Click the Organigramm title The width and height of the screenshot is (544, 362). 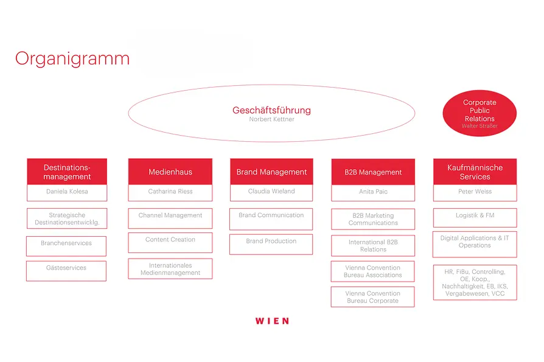72,59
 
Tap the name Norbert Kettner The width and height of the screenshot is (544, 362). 271,119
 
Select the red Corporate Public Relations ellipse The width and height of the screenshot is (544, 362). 479,113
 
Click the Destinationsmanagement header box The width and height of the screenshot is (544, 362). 67,172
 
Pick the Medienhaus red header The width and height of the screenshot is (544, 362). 170,172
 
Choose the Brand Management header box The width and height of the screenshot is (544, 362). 271,172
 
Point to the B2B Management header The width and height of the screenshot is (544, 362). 373,172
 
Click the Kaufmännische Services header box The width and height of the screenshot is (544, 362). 475,172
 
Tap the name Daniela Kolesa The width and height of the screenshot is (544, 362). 67,192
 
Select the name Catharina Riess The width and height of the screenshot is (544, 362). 170,192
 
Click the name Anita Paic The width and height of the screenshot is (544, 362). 373,192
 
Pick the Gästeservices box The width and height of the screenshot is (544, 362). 66,271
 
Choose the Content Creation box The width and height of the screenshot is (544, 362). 170,243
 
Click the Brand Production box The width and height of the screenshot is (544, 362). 271,245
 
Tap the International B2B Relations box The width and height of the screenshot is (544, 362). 373,246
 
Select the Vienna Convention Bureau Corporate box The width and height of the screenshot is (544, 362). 372,297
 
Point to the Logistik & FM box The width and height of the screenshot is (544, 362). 475,218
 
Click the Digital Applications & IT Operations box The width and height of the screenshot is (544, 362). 475,245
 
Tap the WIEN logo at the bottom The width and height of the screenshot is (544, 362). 273,321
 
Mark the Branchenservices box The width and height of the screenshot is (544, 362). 66,246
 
